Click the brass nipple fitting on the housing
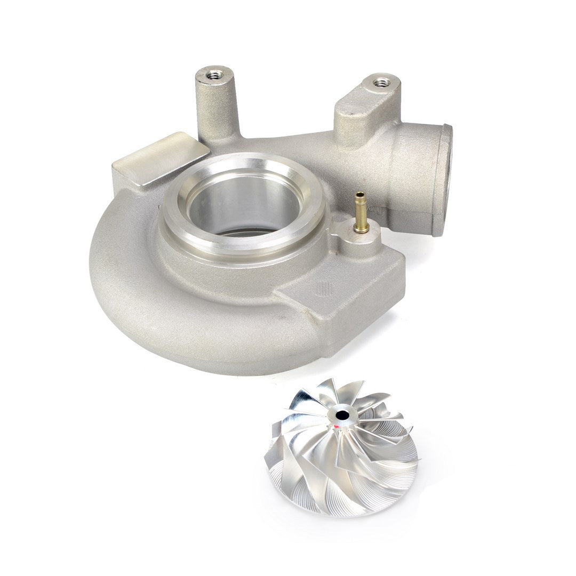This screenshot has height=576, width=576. coord(361,213)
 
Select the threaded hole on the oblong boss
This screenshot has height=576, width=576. coord(381,83)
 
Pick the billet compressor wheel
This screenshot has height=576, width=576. coord(341,448)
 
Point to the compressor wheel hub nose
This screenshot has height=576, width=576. coord(340,419)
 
